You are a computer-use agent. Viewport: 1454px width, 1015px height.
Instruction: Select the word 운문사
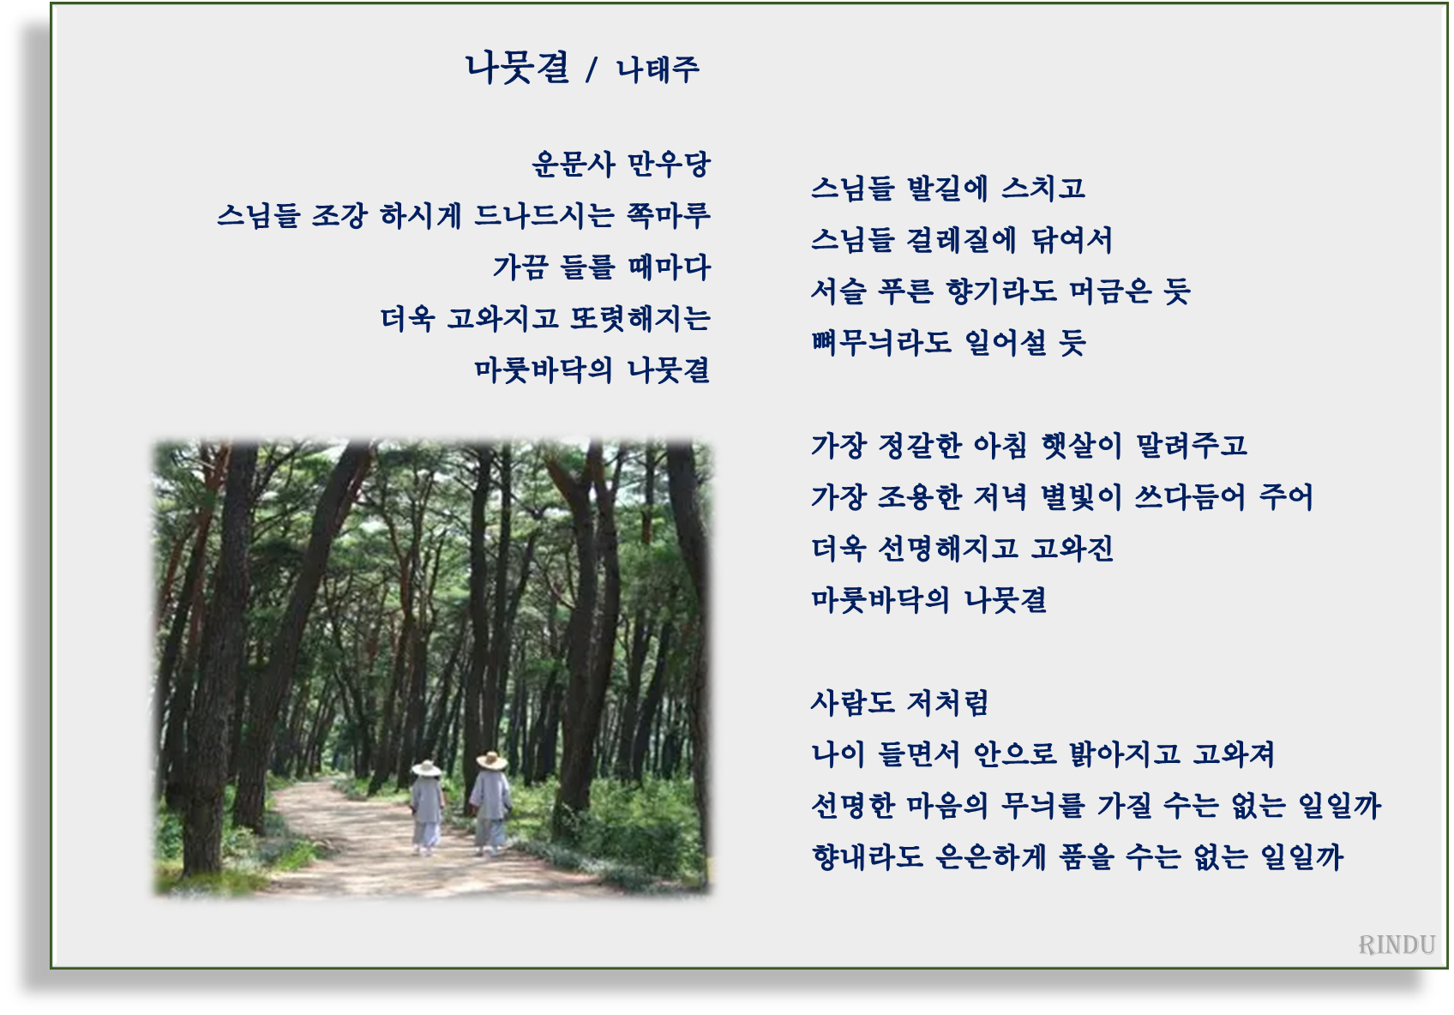[574, 164]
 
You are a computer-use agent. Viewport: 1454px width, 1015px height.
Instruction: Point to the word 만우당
[670, 164]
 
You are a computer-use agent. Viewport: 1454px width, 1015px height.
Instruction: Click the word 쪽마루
[669, 215]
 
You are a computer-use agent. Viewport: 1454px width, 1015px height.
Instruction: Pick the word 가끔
[520, 267]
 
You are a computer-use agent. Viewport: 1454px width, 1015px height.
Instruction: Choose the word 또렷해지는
[640, 318]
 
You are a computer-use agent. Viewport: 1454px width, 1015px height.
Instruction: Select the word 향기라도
[1001, 291]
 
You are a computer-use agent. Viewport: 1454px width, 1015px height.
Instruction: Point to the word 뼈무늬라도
[880, 342]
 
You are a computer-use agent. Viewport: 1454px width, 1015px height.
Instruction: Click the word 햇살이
[1082, 445]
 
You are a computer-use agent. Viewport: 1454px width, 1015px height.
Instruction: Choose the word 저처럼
[947, 702]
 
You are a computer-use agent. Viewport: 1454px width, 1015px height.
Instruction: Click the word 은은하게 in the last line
[990, 856]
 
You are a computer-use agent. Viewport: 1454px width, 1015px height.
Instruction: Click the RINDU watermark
[1397, 945]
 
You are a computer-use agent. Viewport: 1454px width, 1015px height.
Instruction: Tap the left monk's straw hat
[426, 768]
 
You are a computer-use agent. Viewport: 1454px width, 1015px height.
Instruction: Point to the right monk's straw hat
[491, 760]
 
